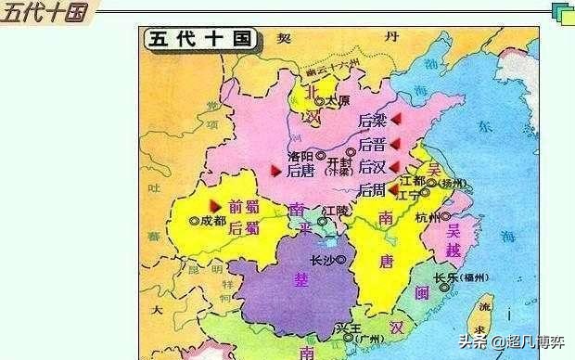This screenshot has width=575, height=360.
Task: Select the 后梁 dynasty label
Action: (373, 122)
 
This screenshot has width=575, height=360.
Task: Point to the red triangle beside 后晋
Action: (395, 143)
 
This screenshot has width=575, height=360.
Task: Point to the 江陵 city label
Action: (336, 213)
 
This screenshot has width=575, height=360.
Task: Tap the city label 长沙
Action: (322, 260)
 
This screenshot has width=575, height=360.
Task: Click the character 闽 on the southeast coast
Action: (421, 294)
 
